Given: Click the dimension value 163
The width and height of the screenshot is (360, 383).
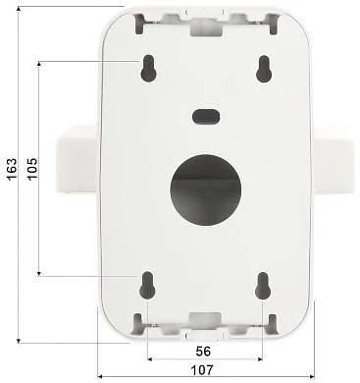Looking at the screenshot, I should (10, 172).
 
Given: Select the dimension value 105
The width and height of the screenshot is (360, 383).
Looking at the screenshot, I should (32, 168).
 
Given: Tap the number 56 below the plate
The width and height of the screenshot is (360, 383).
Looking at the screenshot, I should (203, 350).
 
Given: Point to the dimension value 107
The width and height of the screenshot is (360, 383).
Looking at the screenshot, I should (203, 370).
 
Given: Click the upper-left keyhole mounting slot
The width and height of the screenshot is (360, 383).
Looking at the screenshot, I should (147, 68).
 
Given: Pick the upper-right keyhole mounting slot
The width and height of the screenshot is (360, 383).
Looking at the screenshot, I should (263, 68).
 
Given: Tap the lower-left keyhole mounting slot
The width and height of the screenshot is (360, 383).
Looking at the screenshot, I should (147, 284).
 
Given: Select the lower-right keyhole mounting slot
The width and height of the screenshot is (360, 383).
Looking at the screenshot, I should (263, 284).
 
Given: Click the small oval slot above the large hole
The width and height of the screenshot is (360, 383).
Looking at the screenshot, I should (205, 115).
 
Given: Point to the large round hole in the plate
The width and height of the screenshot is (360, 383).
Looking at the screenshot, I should (206, 188).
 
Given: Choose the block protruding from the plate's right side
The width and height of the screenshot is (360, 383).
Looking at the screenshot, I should (334, 164).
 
